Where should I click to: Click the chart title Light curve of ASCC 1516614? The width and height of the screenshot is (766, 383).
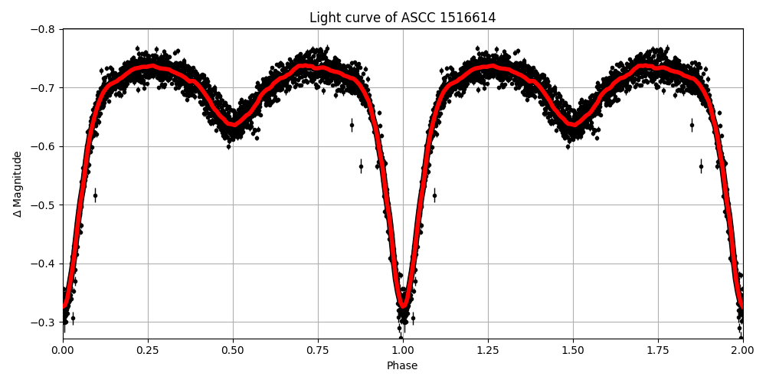coord(402,18)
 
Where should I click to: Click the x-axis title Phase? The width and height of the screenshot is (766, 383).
coord(402,365)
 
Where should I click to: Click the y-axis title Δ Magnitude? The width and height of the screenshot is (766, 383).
coord(18,184)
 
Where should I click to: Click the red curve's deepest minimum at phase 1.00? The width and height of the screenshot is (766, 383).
coord(403,306)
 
